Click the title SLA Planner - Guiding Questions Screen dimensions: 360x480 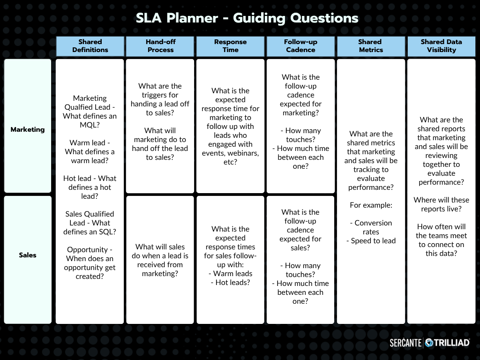[247, 18]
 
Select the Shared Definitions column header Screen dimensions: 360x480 [90, 46]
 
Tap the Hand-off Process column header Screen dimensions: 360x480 [160, 46]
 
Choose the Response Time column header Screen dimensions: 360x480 [230, 46]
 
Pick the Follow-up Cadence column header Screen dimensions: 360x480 [300, 46]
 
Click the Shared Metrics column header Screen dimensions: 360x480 [370, 46]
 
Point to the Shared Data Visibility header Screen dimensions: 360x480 [441, 46]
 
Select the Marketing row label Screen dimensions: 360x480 [28, 129]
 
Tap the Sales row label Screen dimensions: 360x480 [28, 255]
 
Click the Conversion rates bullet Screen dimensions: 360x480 [371, 227]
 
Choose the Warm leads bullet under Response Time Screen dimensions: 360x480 [230, 274]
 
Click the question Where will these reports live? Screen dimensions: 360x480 [441, 204]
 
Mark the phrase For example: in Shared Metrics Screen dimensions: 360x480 [371, 205]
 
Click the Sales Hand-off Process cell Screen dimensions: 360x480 [160, 260]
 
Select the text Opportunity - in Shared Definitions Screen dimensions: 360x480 [90, 250]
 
